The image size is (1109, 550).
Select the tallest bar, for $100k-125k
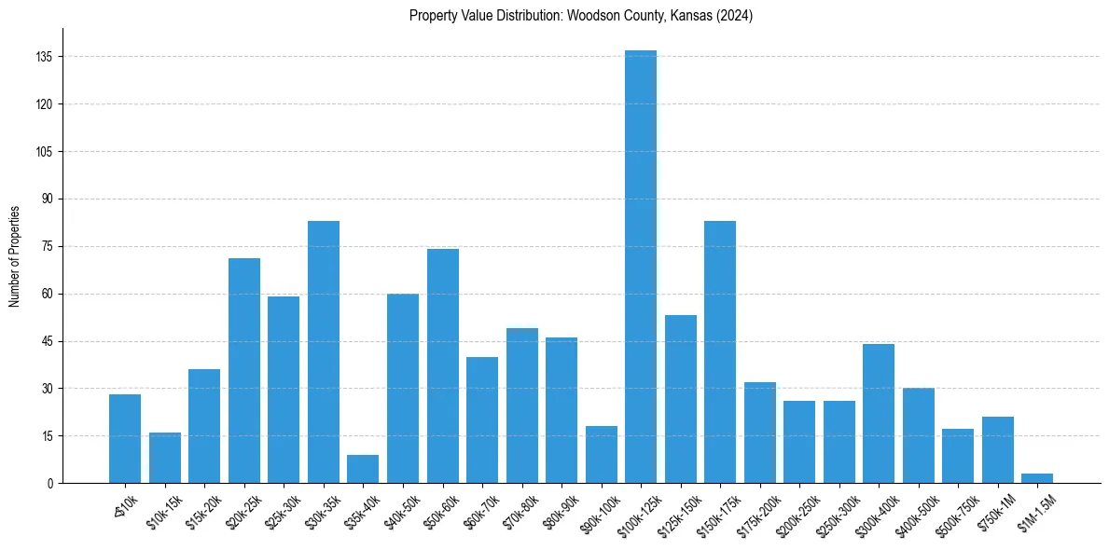coord(641,267)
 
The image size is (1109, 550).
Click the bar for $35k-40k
coord(363,469)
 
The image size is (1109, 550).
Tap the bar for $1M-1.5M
coord(1037,478)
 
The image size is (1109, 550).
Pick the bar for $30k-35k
coord(324,352)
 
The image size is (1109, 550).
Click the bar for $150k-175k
coord(720,352)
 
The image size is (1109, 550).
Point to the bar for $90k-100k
coord(602,455)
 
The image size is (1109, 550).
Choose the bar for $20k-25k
coord(244,371)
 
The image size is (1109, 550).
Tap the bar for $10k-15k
coord(165,458)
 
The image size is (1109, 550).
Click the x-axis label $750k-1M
coord(995,512)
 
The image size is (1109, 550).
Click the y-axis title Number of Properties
coord(14,255)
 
